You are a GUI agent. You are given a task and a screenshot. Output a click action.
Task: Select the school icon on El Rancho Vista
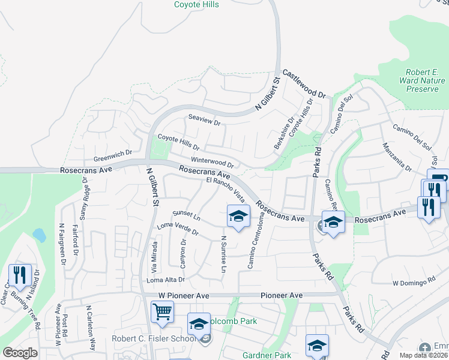click(238, 216)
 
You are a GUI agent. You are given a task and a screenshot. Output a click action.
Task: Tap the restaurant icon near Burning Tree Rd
click(19, 275)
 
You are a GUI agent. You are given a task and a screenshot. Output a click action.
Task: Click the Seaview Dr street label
click(205, 121)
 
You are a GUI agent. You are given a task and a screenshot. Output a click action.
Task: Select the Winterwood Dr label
click(212, 162)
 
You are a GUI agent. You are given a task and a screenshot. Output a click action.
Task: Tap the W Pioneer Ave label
click(184, 296)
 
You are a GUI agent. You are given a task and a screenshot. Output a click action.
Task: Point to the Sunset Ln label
click(186, 214)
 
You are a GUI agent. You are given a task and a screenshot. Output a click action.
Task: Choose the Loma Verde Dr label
click(177, 229)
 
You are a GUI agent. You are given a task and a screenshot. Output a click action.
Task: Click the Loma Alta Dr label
click(165, 280)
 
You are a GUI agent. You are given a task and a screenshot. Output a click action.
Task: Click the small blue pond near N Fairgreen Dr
click(40, 235)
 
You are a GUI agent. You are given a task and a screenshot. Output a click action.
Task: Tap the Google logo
click(20, 353)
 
